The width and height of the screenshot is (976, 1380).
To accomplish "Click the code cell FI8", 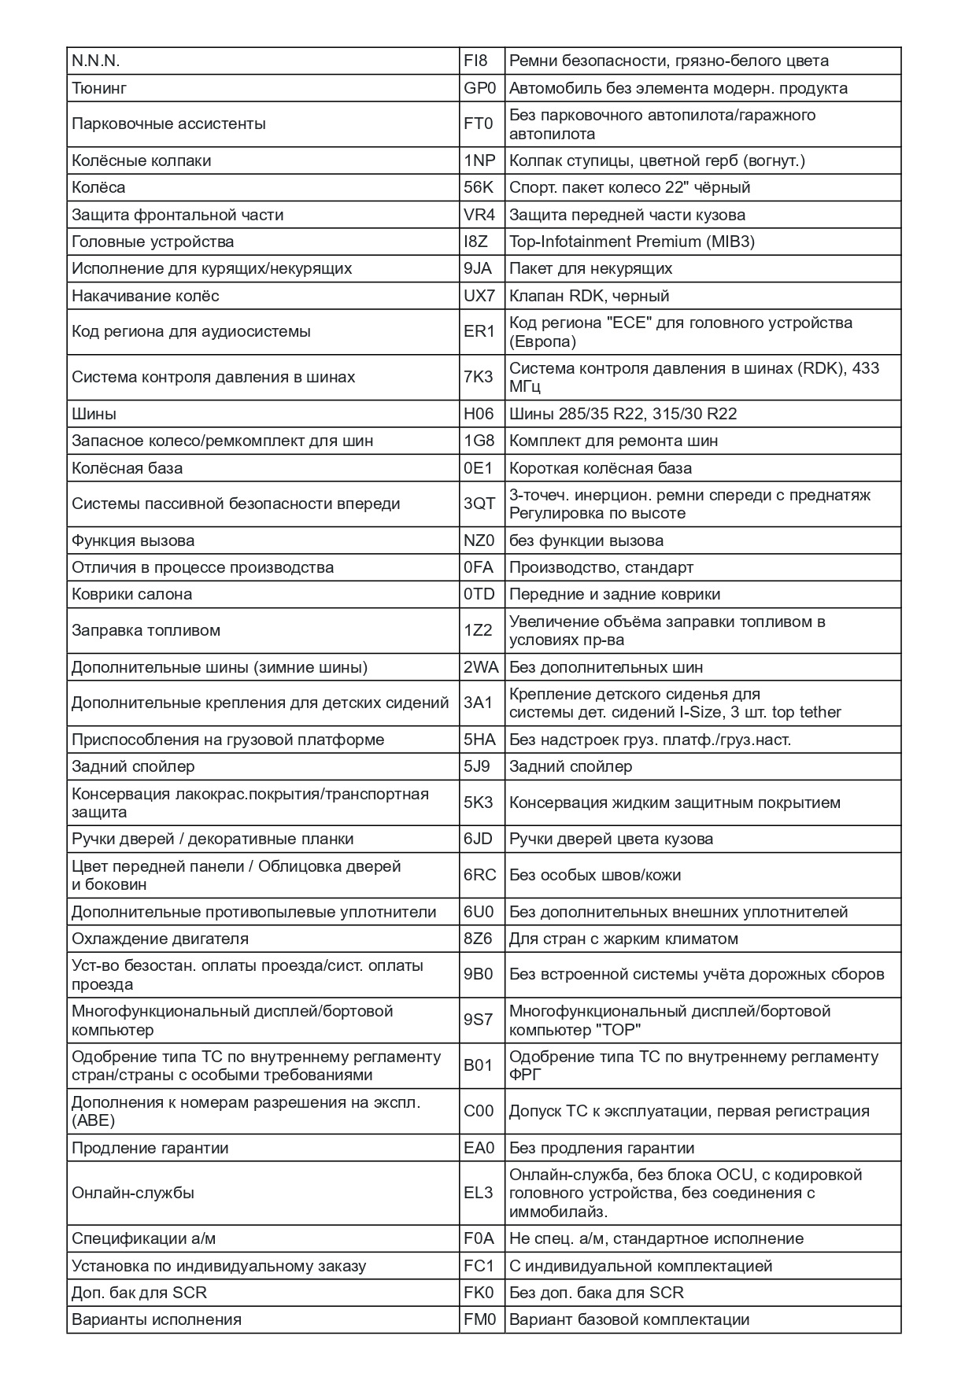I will (x=476, y=61).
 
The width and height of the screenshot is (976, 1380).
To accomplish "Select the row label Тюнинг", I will (x=99, y=88).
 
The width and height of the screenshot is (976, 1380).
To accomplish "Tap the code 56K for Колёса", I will (x=479, y=187).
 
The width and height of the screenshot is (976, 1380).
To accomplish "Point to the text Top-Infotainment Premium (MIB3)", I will (x=632, y=242).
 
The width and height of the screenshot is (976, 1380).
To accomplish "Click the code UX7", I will (x=479, y=296).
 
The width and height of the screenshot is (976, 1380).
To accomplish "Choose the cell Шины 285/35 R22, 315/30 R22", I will (x=623, y=414).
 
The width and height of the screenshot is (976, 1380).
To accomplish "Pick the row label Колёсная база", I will (x=127, y=468).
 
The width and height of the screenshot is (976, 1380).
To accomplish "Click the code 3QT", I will (x=479, y=504).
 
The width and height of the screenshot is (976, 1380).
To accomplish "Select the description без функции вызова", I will (x=586, y=541).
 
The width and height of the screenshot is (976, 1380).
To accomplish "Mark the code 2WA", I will (x=481, y=667).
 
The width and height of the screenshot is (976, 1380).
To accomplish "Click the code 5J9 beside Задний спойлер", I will (x=477, y=766).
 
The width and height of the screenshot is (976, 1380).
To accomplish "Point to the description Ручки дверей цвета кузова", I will (x=612, y=839).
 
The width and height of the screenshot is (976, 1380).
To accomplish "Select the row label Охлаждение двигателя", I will (x=160, y=939).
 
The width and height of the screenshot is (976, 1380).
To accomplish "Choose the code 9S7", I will (x=479, y=1020).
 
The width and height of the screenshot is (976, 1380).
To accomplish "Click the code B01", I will (x=479, y=1065).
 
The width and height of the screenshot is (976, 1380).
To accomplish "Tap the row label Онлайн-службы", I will (x=133, y=1193).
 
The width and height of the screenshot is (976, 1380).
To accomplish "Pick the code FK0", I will (x=479, y=1293).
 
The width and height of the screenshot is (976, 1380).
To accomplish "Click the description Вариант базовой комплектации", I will (x=629, y=1319).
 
